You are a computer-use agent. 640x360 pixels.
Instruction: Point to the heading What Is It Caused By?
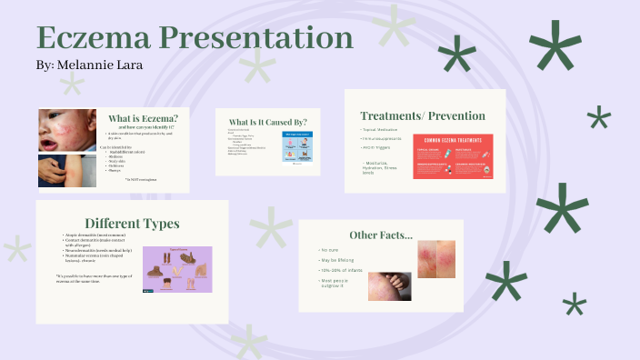(x=267, y=122)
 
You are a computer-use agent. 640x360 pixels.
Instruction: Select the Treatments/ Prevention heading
(x=423, y=115)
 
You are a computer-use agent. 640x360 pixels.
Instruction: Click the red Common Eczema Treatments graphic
(x=453, y=155)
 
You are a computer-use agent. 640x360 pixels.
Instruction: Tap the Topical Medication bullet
(x=380, y=130)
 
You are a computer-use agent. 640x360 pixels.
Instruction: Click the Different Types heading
(x=132, y=223)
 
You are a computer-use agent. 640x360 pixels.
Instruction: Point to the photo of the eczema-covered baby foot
(x=389, y=286)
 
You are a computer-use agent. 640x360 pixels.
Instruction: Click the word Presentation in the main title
(x=255, y=38)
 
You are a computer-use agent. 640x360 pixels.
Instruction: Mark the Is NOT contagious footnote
(x=140, y=180)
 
